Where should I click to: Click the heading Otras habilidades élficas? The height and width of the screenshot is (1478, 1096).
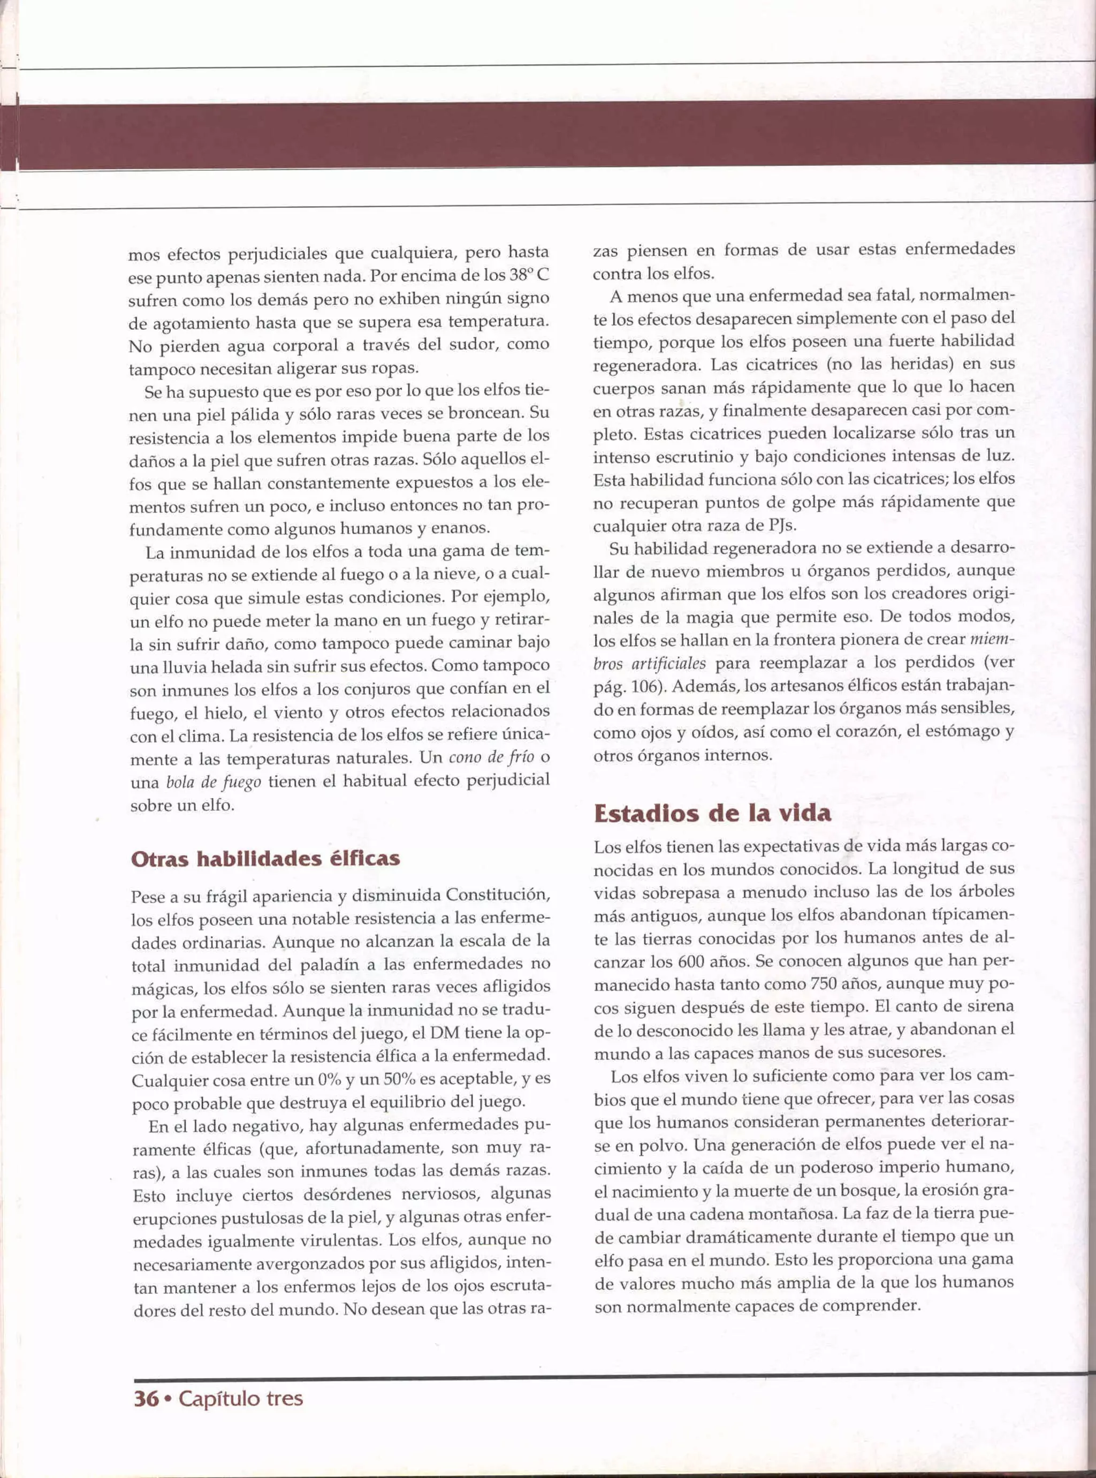pos(265,859)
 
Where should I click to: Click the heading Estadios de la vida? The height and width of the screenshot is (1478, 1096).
pos(712,813)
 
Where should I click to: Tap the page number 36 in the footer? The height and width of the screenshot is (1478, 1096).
pos(146,1398)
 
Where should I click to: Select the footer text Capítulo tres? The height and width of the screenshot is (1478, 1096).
pos(241,1398)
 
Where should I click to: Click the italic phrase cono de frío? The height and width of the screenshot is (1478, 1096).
pos(491,757)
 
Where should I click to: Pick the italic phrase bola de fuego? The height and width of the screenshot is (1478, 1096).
pos(213,782)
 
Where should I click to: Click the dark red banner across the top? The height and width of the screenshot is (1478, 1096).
pos(548,135)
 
